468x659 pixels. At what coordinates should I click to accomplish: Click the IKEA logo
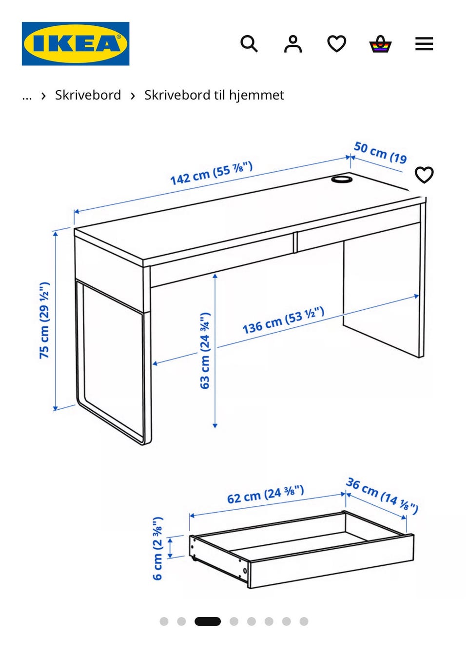pyautogui.click(x=76, y=43)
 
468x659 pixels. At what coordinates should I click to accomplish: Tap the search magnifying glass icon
pyautogui.click(x=249, y=44)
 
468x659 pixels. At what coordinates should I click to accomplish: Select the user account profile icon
pyautogui.click(x=293, y=44)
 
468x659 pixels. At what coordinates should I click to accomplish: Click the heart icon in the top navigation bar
pyautogui.click(x=336, y=44)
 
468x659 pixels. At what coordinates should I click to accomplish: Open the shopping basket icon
pyautogui.click(x=380, y=44)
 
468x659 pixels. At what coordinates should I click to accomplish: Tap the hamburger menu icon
pyautogui.click(x=424, y=44)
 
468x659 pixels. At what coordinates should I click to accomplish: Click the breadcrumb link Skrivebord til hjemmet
pyautogui.click(x=214, y=95)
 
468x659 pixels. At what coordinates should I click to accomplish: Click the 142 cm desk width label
pyautogui.click(x=212, y=173)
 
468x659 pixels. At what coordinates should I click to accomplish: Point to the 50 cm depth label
pyautogui.click(x=380, y=152)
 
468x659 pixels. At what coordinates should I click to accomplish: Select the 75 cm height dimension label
pyautogui.click(x=44, y=320)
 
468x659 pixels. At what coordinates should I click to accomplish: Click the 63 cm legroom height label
pyautogui.click(x=205, y=351)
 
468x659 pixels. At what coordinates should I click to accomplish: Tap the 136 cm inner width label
pyautogui.click(x=283, y=320)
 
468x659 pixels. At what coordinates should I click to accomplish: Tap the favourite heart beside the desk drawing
pyautogui.click(x=424, y=175)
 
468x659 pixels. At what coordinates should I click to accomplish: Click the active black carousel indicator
pyautogui.click(x=208, y=621)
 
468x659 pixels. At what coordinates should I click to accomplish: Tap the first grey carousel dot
pyautogui.click(x=164, y=621)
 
